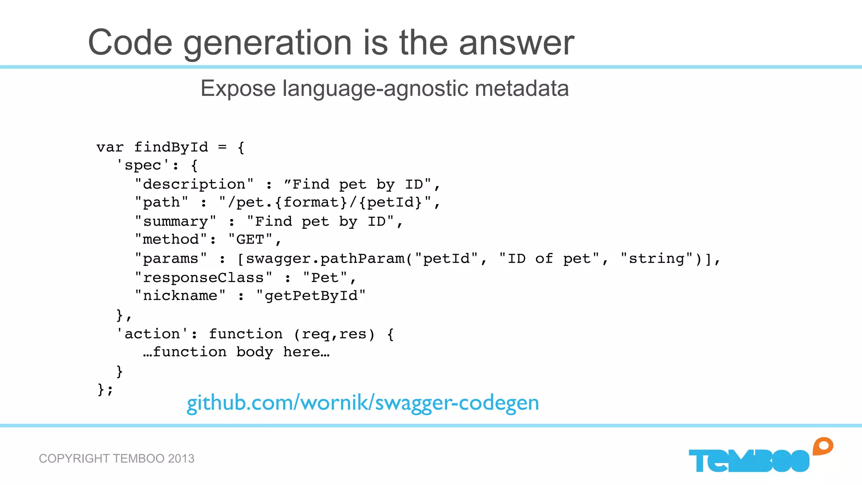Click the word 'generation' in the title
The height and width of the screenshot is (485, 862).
(x=267, y=43)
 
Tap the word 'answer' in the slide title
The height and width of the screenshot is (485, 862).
(x=516, y=43)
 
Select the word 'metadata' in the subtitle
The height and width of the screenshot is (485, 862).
(x=521, y=88)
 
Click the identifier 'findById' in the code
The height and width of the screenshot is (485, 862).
(x=171, y=147)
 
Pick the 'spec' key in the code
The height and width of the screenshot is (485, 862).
(x=143, y=165)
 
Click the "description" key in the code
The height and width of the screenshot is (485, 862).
(x=194, y=184)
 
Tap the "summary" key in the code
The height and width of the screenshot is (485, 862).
(x=176, y=221)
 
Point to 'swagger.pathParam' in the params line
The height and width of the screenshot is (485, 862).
(x=325, y=258)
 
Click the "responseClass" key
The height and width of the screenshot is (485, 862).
(x=203, y=278)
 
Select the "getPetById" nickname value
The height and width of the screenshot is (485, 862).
(x=311, y=296)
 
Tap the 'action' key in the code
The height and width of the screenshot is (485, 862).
(x=152, y=334)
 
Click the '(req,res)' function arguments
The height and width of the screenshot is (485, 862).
(x=334, y=334)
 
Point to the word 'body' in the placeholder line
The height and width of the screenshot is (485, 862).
(x=254, y=352)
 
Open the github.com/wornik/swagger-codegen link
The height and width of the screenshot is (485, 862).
(x=362, y=403)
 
